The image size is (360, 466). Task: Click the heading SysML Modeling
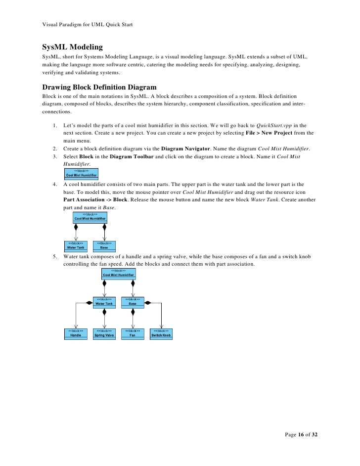click(x=72, y=47)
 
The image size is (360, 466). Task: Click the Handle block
click(x=76, y=333)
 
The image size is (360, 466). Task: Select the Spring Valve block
click(x=104, y=333)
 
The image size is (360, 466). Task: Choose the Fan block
click(x=133, y=333)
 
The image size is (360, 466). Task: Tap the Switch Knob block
click(x=161, y=333)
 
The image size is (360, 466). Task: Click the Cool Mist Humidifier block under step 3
click(x=82, y=174)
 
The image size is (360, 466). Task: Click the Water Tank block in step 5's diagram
click(x=104, y=302)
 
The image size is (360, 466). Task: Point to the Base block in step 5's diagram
click(x=133, y=302)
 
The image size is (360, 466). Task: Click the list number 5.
click(x=54, y=257)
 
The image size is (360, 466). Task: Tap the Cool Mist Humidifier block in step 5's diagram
click(x=118, y=274)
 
